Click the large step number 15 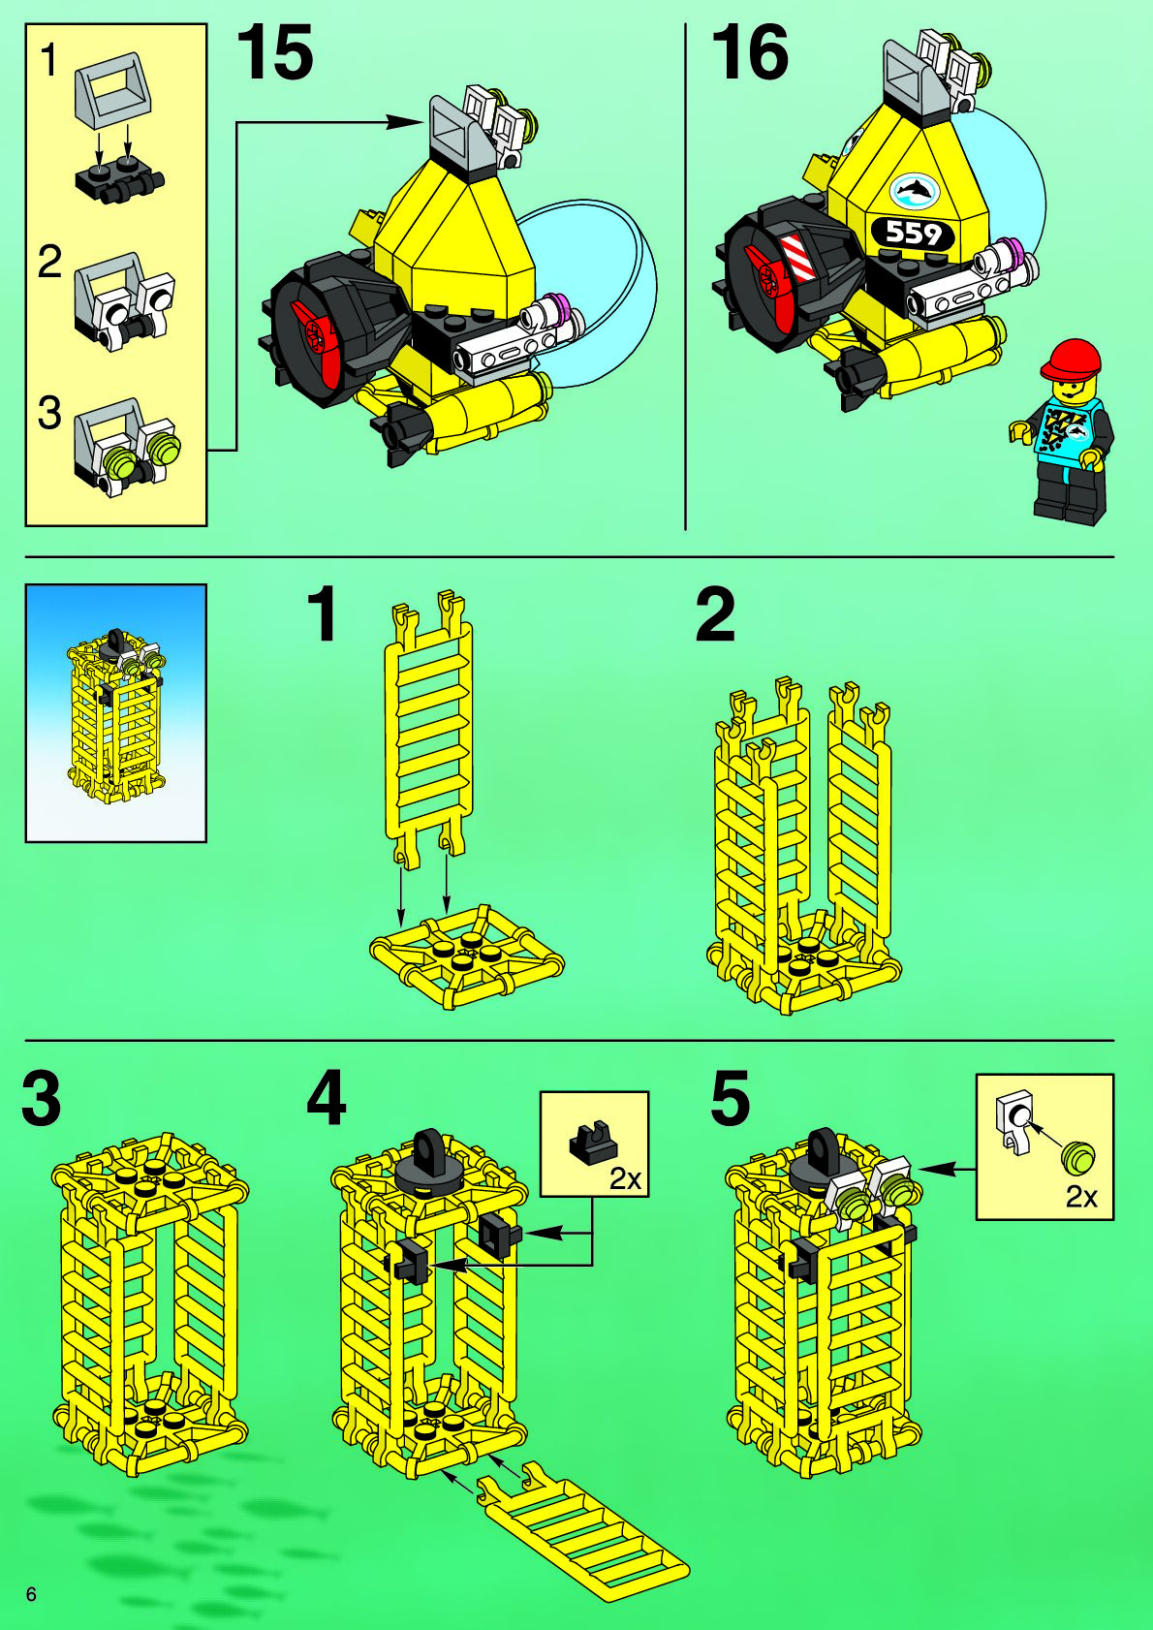[275, 51]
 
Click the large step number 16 [749, 51]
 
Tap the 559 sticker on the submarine [912, 233]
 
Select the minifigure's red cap [1072, 360]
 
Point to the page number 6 [31, 1594]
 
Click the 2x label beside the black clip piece [625, 1178]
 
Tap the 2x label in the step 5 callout [1081, 1197]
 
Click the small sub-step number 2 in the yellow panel [49, 262]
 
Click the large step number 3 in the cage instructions [41, 1097]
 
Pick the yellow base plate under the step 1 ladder [466, 956]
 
